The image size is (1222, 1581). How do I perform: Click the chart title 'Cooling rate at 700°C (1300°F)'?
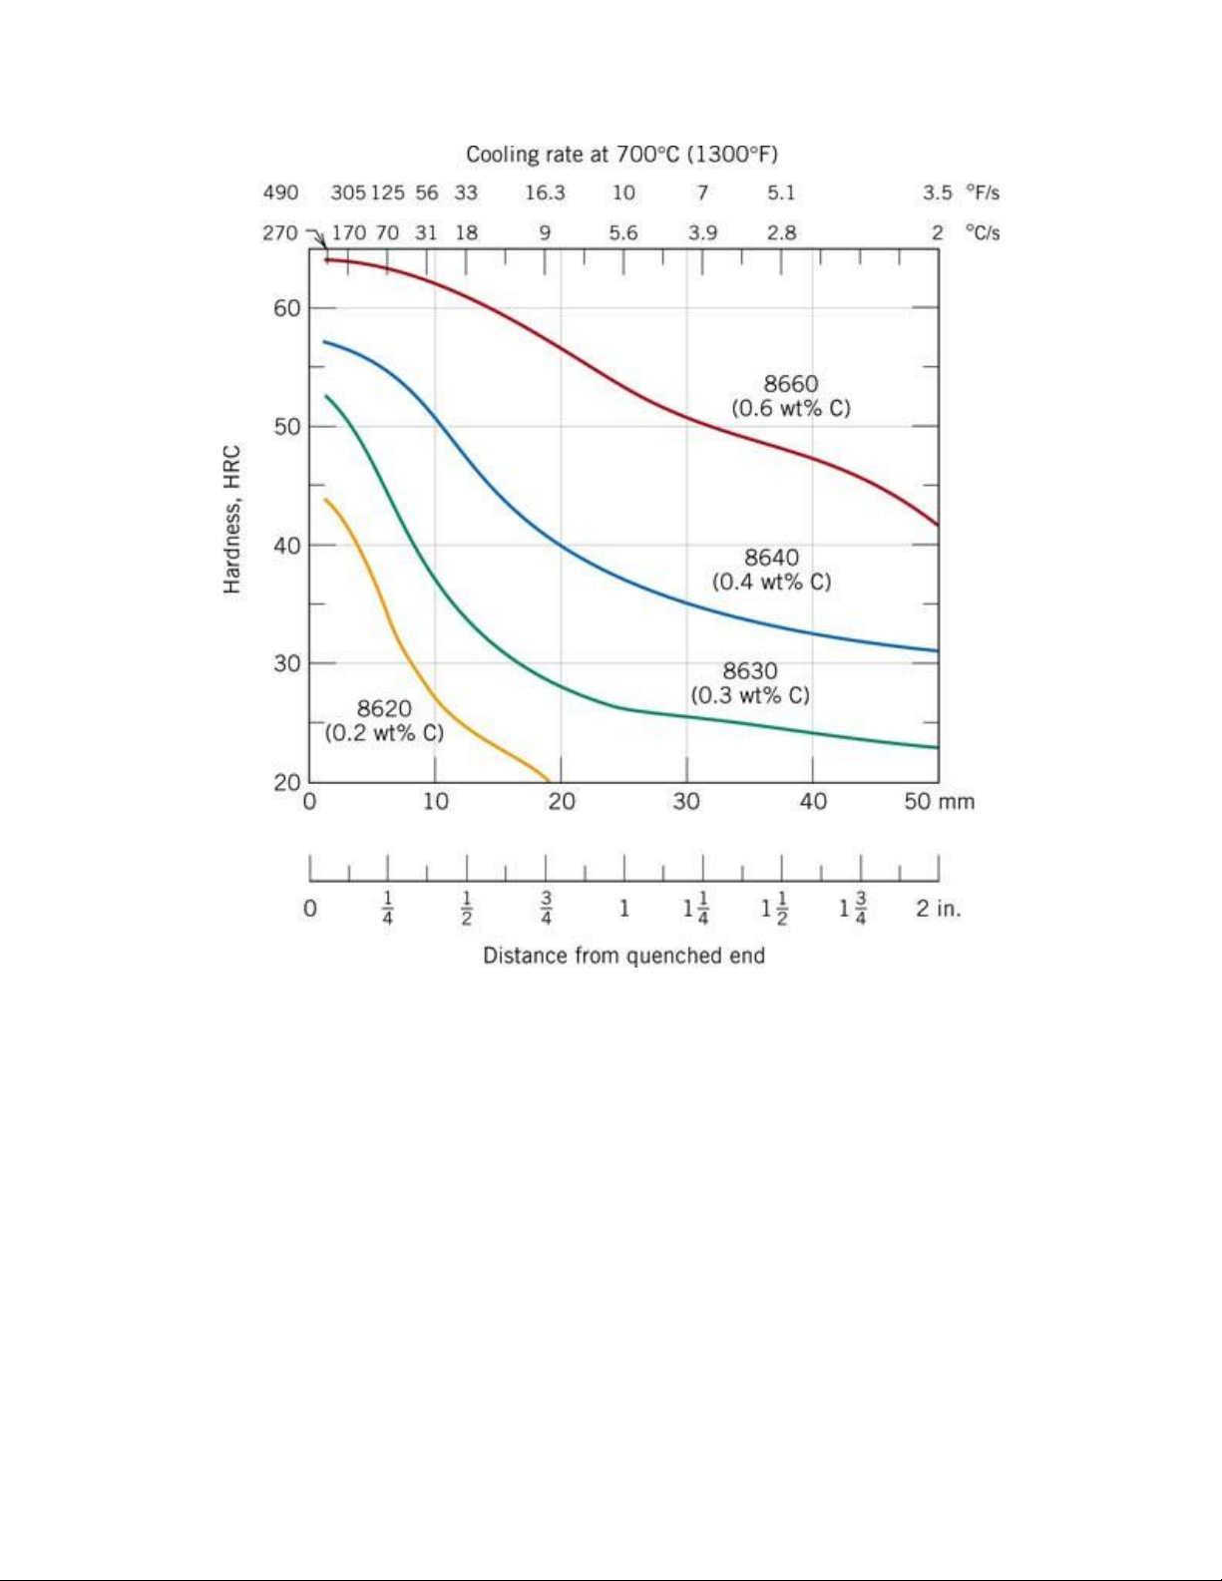pos(621,155)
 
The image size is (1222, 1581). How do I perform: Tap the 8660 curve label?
pos(791,384)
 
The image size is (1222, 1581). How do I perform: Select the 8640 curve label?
pos(771,558)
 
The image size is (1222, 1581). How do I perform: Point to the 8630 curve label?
pos(750,671)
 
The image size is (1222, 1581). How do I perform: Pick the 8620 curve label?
pos(384,709)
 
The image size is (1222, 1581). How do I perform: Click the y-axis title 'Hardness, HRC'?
pos(232,519)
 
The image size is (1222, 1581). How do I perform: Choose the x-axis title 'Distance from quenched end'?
pos(623,956)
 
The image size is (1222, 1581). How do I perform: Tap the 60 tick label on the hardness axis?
pos(287,308)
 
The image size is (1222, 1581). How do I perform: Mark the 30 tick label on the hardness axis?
pos(287,663)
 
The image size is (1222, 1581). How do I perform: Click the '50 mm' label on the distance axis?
pos(939,802)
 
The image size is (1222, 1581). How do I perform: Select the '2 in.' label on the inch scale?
pos(939,909)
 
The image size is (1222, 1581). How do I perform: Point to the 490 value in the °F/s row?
pos(280,193)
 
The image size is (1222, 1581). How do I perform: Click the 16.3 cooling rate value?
pos(545,193)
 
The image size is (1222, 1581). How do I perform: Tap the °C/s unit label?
pos(983,232)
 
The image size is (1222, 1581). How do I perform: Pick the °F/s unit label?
pos(983,193)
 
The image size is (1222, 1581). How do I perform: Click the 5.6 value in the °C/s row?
pos(623,232)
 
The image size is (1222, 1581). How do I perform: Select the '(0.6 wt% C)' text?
pos(791,408)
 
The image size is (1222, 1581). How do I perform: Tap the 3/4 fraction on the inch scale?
pos(546,909)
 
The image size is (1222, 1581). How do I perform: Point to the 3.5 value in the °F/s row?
pos(937,193)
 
